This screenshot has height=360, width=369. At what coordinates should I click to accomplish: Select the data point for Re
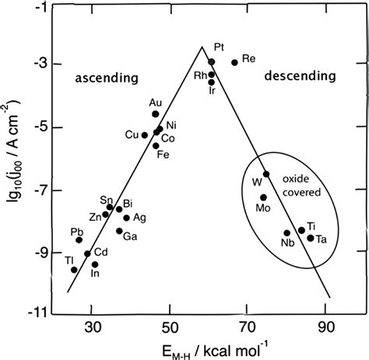point(234,62)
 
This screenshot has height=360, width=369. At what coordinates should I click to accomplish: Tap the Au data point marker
point(155,114)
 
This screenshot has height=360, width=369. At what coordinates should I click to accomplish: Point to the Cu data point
point(144,135)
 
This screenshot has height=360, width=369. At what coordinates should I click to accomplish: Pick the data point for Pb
point(79,240)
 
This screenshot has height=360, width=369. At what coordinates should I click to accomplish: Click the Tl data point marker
point(74,270)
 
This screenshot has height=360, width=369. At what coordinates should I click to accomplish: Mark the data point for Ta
point(311,238)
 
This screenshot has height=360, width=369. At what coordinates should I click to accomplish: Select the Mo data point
point(263,197)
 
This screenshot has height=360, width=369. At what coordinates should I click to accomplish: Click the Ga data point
point(119,231)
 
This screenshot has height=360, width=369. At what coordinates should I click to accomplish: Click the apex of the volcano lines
point(201,47)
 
